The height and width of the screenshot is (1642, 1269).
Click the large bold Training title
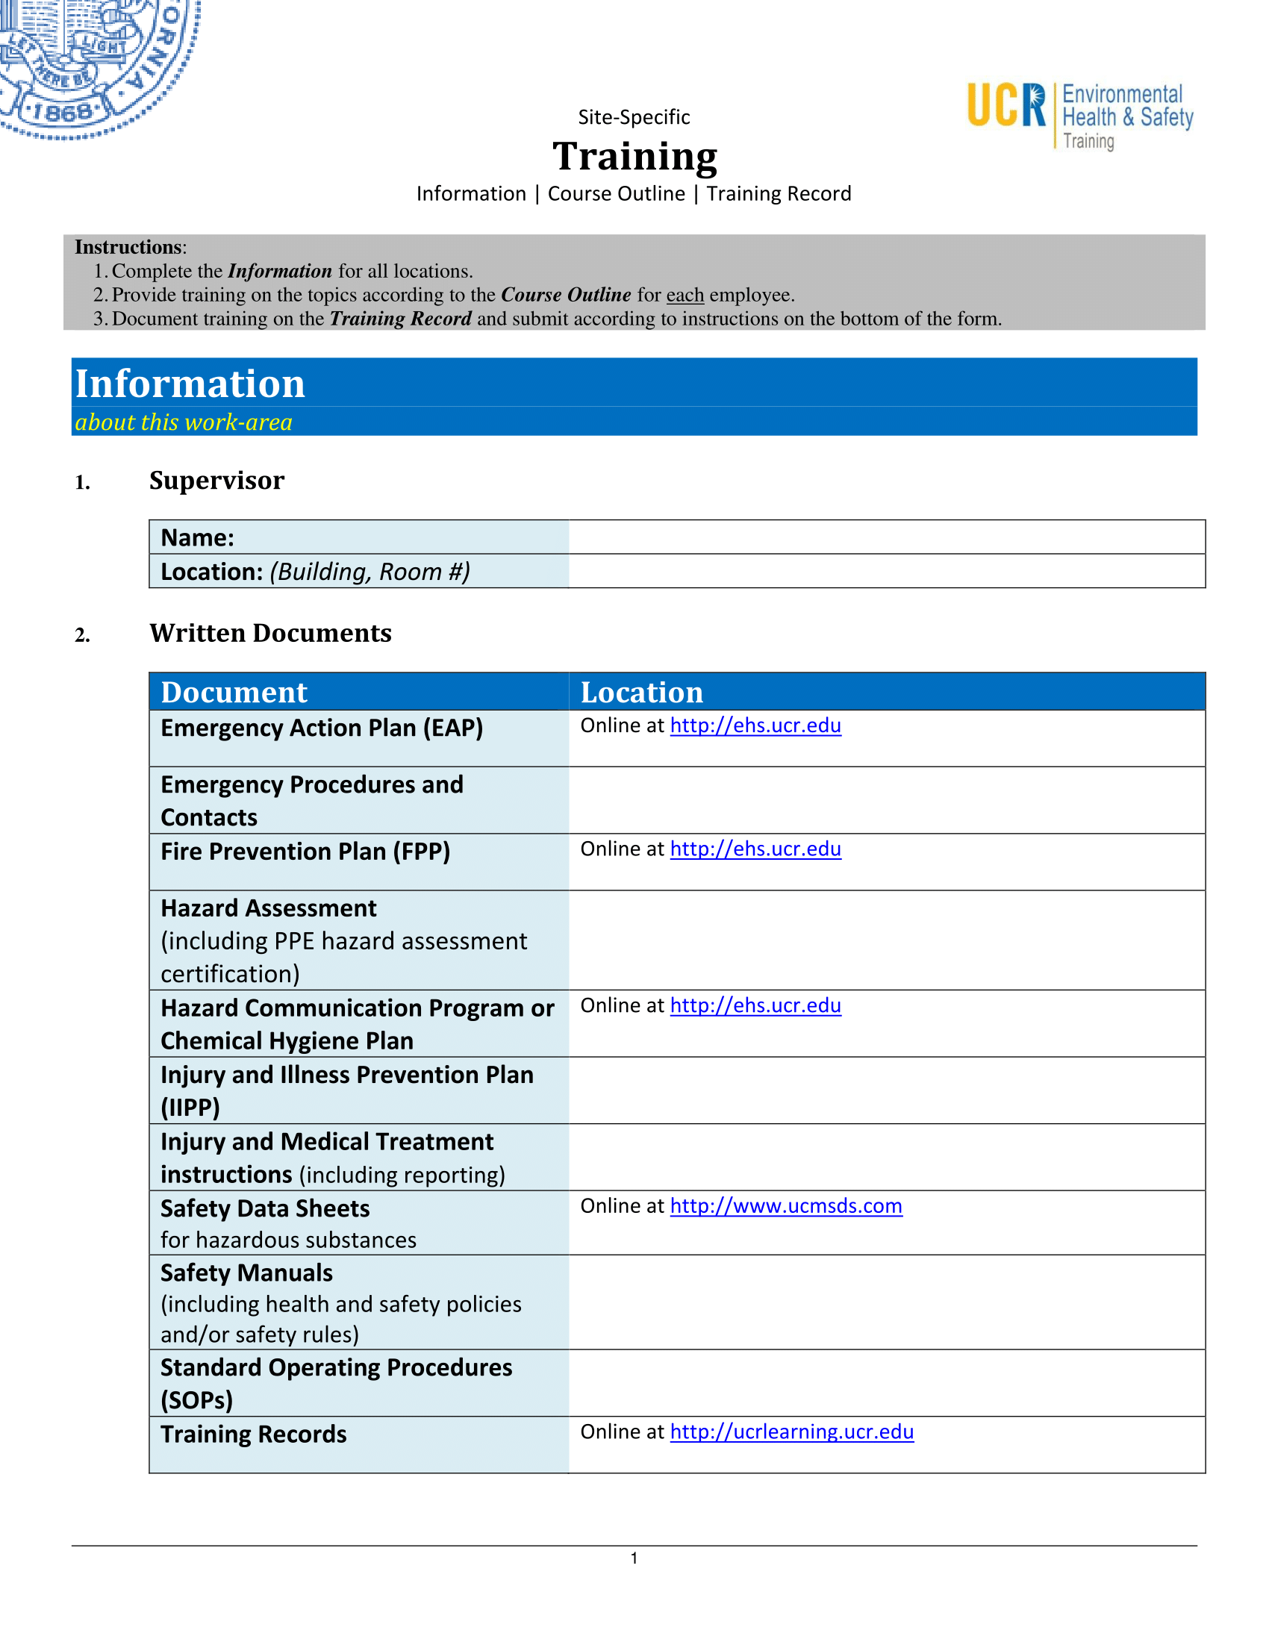pyautogui.click(x=634, y=157)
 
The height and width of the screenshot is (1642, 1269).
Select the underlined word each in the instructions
pyautogui.click(x=685, y=295)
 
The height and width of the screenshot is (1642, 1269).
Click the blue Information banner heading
pyautogui.click(x=190, y=384)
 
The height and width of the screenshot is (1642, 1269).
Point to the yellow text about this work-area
pyautogui.click(x=184, y=422)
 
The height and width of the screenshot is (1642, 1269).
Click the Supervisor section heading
pyautogui.click(x=216, y=481)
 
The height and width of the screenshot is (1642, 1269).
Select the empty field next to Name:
pyautogui.click(x=886, y=537)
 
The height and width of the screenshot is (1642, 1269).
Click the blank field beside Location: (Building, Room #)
pyautogui.click(x=886, y=572)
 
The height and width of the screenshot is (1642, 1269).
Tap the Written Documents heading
pyautogui.click(x=271, y=633)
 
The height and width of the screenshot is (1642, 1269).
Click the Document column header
pyautogui.click(x=234, y=693)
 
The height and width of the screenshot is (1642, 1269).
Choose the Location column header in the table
pyautogui.click(x=642, y=693)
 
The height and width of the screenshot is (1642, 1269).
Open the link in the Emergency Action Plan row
pyautogui.click(x=755, y=725)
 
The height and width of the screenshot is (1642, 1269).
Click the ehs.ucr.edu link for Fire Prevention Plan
pyautogui.click(x=755, y=849)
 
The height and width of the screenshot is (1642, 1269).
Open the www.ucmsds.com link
pyautogui.click(x=785, y=1206)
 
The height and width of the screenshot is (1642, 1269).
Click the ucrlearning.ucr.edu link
pyautogui.click(x=791, y=1432)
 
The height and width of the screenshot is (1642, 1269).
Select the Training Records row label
pyautogui.click(x=253, y=1435)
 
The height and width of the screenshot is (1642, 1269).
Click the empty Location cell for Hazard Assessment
pyautogui.click(x=886, y=940)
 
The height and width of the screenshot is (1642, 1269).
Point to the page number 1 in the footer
pyautogui.click(x=634, y=1558)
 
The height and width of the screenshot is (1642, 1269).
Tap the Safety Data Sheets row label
pyautogui.click(x=265, y=1209)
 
